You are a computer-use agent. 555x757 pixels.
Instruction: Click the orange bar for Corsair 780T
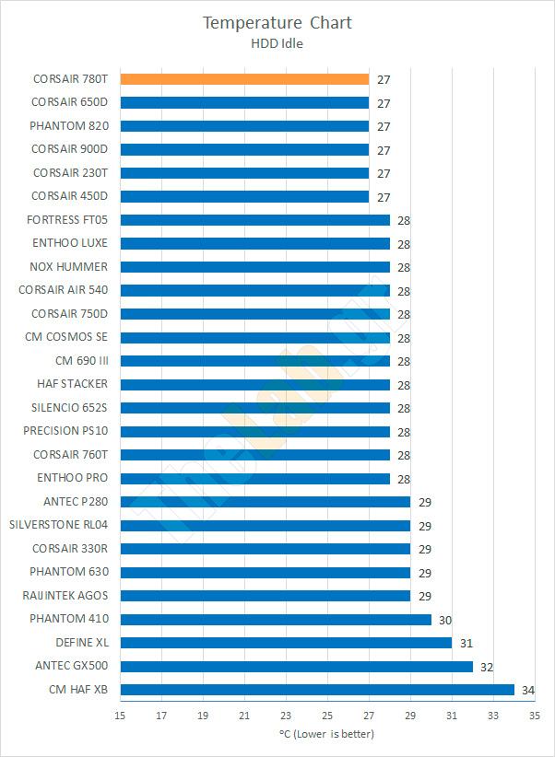pos(244,79)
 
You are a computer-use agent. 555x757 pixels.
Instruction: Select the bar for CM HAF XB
pos(317,690)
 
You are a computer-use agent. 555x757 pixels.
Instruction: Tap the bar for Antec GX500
pos(296,666)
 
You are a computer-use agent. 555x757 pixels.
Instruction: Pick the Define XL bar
pos(286,643)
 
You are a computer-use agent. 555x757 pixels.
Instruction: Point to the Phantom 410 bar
pos(276,619)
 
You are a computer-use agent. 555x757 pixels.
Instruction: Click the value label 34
pos(528,691)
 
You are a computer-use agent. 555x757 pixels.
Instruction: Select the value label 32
pos(486,667)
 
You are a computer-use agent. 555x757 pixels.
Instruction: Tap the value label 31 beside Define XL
pos(466,644)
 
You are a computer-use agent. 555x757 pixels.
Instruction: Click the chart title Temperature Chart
pos(277,22)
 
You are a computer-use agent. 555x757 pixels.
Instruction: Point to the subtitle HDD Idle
pos(277,42)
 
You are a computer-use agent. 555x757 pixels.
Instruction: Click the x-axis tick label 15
pos(120,716)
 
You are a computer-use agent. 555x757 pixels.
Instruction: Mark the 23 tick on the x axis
pos(286,716)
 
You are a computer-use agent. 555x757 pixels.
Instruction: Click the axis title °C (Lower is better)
pos(326,734)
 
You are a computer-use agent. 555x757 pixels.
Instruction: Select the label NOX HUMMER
pos(69,266)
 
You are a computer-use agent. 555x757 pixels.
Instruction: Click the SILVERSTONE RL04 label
pos(58,525)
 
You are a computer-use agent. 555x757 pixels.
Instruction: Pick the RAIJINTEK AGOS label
pos(65,595)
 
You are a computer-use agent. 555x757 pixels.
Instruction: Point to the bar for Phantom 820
pos(244,126)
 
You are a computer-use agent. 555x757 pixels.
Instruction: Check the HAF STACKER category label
pos(73,384)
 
